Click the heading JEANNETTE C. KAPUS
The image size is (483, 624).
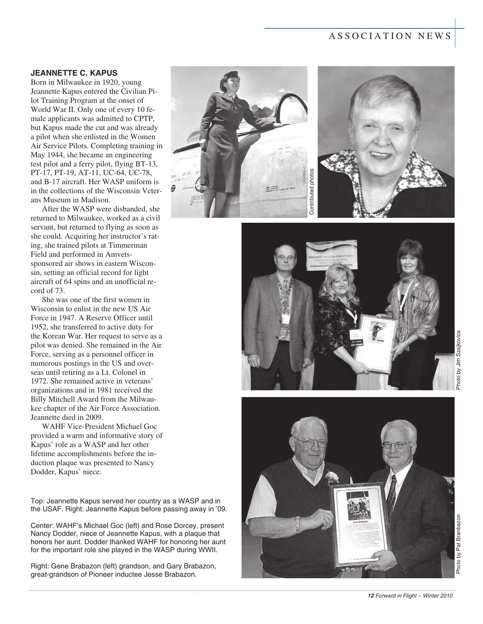point(74,73)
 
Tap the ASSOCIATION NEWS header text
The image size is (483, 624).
point(390,36)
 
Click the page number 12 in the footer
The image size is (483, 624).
point(371,596)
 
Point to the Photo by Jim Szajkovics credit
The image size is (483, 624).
point(458,360)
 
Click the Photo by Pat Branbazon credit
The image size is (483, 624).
point(458,544)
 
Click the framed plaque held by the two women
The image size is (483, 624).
point(377,343)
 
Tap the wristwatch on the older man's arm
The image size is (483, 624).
point(298,525)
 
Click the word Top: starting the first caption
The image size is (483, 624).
point(37,501)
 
